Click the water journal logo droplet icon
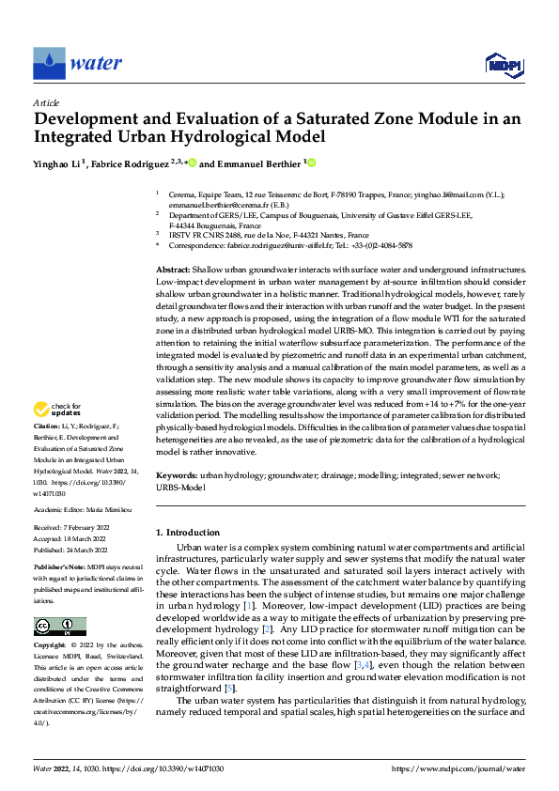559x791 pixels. pyautogui.click(x=49, y=64)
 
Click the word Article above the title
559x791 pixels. pyautogui.click(x=46, y=102)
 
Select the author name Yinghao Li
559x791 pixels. pyautogui.click(x=59, y=163)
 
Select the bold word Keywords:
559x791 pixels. pyautogui.click(x=178, y=476)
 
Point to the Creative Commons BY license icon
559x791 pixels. pyautogui.click(x=59, y=627)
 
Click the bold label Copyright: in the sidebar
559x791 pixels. pyautogui.click(x=51, y=646)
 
